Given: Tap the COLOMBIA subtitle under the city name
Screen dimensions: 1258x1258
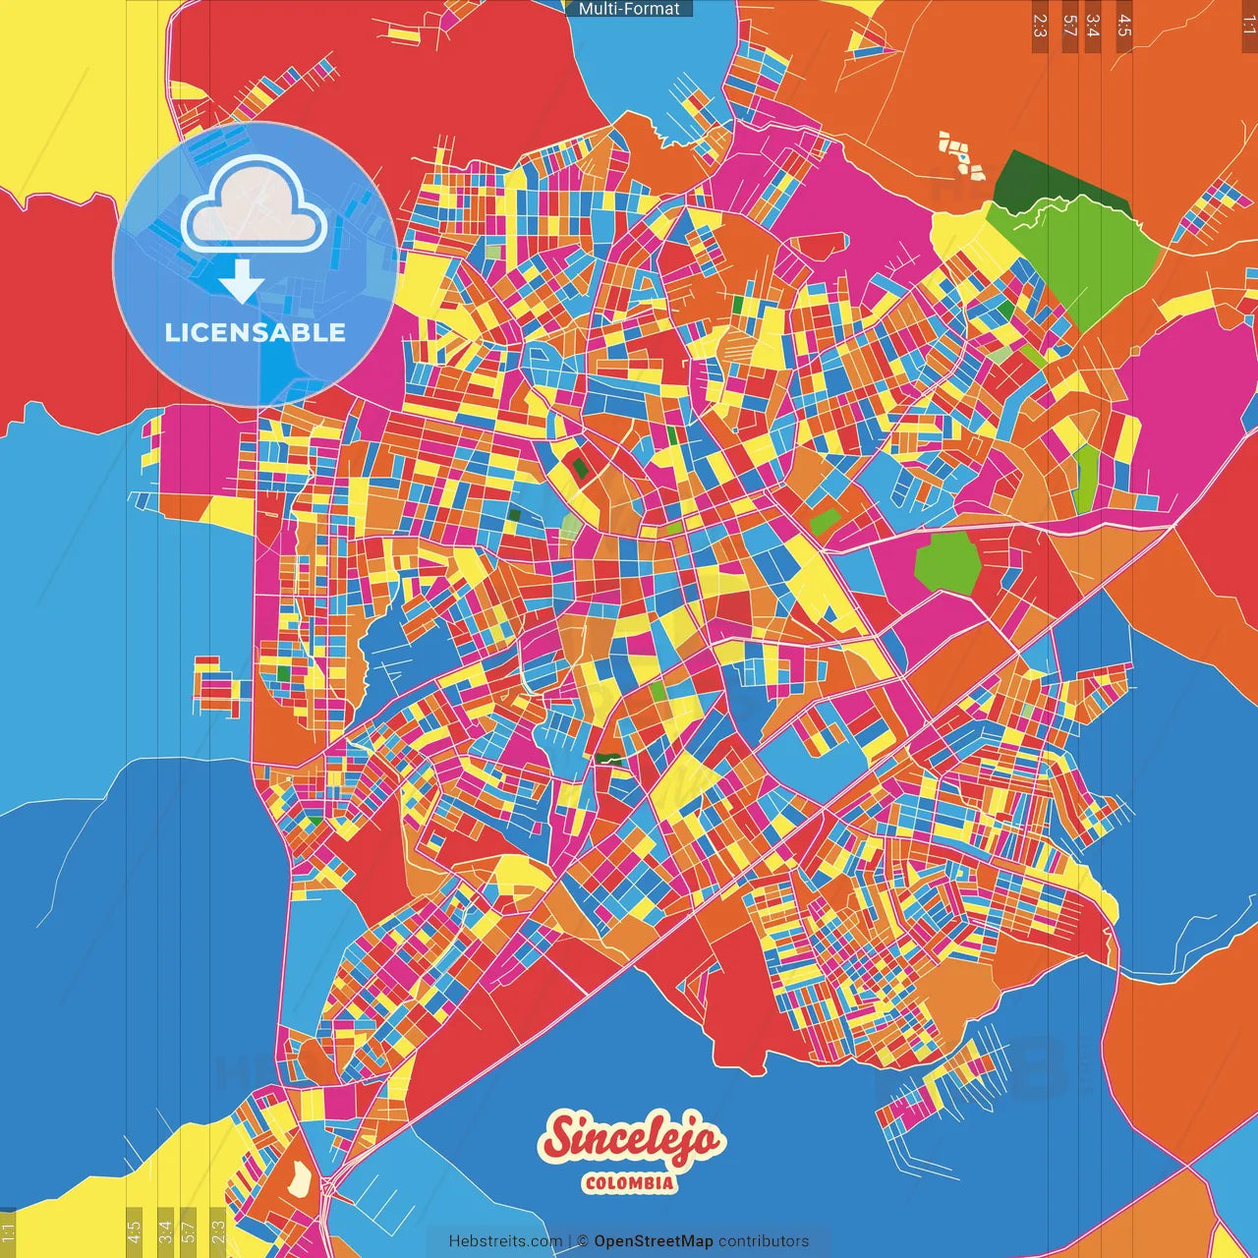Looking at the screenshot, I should [x=629, y=1182].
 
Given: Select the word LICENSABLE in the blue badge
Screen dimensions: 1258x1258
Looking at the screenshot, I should [x=256, y=332].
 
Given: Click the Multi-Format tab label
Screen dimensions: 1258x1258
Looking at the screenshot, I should [x=629, y=9].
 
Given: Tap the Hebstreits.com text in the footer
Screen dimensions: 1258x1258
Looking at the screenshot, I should [x=505, y=1241].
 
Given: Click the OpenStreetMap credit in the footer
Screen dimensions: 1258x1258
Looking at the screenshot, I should [x=653, y=1241].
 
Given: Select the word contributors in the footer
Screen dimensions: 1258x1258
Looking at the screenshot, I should [x=764, y=1241].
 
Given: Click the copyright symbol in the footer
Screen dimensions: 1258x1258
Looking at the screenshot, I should [x=583, y=1241].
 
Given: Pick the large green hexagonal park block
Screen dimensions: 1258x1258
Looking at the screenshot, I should [x=948, y=563].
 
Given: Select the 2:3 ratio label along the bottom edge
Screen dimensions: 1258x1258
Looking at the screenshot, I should [x=218, y=1229].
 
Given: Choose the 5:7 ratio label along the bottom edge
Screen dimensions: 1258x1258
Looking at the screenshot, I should [x=189, y=1229].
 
